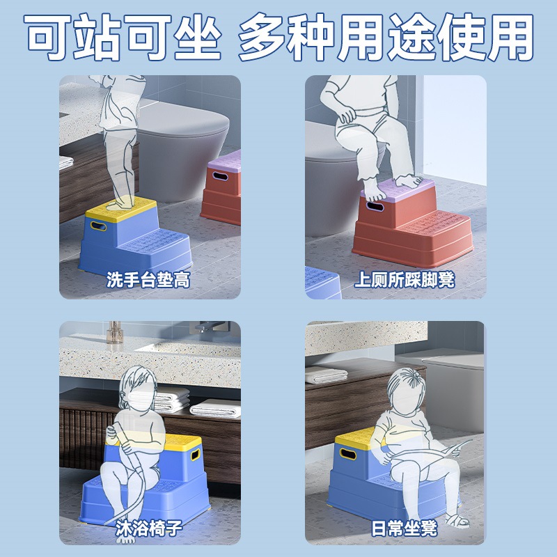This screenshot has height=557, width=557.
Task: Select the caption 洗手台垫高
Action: (x=148, y=281)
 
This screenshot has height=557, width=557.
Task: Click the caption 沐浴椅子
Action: (x=148, y=528)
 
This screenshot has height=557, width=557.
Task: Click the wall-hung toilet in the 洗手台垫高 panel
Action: (x=182, y=150)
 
